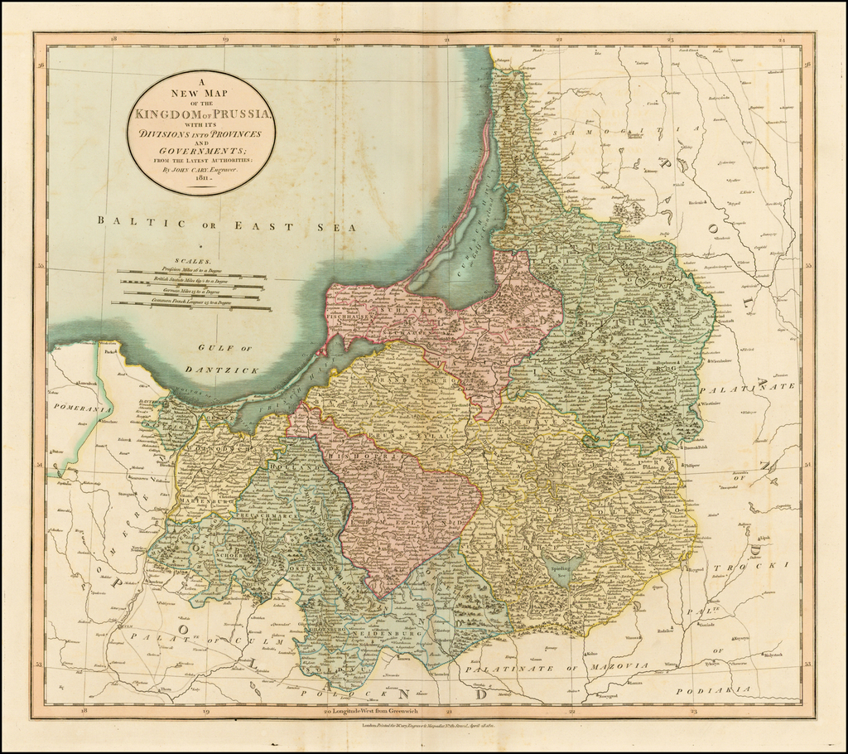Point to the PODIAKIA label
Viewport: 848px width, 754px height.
(x=712, y=689)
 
